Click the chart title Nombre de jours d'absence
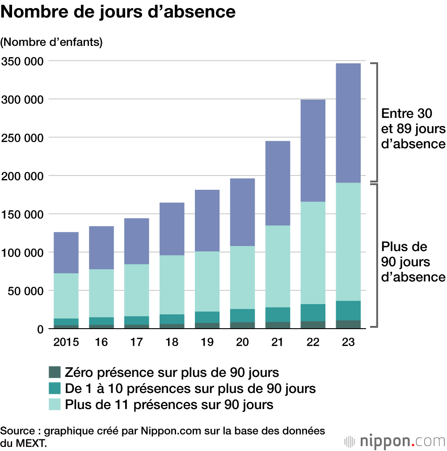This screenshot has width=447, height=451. click(118, 12)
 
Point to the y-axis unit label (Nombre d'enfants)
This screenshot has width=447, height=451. click(52, 42)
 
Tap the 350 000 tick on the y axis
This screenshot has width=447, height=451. click(23, 61)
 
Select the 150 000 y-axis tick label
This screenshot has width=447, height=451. click(23, 214)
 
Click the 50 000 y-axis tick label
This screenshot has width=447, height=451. click(26, 291)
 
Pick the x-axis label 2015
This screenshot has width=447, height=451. click(66, 342)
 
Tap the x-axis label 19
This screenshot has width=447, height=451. click(207, 342)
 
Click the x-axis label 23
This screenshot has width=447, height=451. click(348, 342)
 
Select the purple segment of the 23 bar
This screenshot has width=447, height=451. click(348, 123)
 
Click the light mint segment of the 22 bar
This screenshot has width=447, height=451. click(312, 253)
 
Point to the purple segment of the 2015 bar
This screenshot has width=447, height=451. click(66, 252)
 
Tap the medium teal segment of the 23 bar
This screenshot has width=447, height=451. click(348, 310)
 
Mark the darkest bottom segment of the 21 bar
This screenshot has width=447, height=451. click(278, 325)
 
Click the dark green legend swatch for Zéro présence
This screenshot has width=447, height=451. click(54, 372)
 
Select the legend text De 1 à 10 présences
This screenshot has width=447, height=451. click(190, 388)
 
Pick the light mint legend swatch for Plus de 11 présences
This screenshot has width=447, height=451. click(54, 405)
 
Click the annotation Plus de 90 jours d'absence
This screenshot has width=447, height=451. click(413, 262)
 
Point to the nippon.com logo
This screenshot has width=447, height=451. click(395, 441)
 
